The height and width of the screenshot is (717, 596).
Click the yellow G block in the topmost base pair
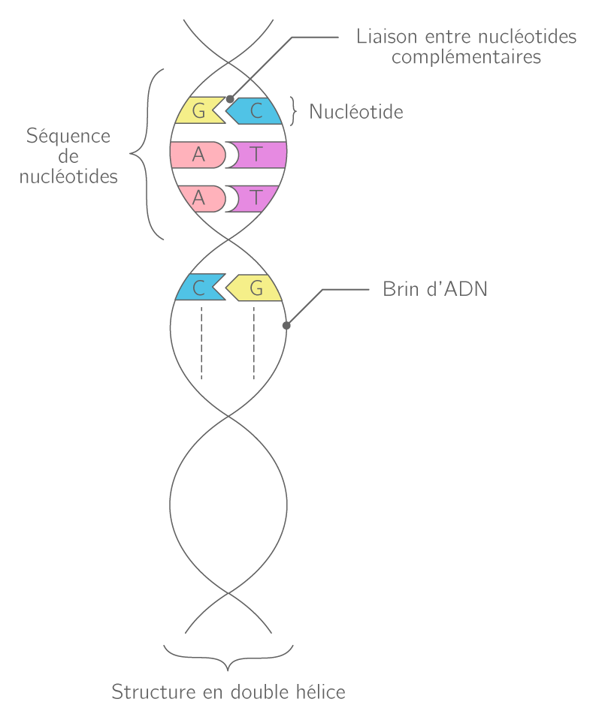coord(197,112)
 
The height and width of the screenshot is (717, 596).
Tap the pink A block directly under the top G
coord(198,155)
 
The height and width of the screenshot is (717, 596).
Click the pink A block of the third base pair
coord(198,198)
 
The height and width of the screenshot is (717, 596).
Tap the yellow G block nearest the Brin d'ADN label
coord(256,288)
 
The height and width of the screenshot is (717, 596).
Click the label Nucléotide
coord(356,112)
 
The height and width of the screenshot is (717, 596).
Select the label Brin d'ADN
coord(434,289)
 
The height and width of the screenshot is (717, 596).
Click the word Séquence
coord(68,136)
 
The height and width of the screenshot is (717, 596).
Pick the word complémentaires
coord(466,57)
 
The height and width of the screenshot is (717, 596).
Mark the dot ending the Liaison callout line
coord(230,98)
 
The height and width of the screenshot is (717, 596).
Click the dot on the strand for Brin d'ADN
coord(286,325)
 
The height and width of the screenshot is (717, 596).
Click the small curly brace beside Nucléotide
coord(295,112)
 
